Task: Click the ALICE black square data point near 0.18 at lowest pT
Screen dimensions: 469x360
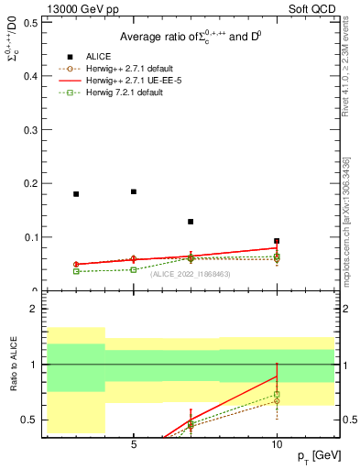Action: (76, 194)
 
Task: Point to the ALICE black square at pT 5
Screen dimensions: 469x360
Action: (134, 191)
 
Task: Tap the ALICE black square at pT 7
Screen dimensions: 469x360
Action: (191, 222)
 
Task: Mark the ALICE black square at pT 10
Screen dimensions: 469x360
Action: (277, 241)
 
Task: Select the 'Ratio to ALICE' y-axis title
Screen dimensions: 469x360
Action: (13, 365)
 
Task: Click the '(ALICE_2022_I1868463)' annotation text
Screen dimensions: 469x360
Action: (191, 273)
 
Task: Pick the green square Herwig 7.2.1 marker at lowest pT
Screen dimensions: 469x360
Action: (76, 271)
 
